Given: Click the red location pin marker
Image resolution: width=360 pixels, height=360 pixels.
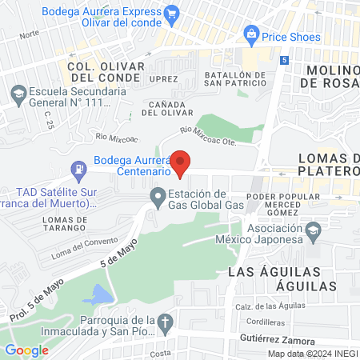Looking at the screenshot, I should [x=181, y=162].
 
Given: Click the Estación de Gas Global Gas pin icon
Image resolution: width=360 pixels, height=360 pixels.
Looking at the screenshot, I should [x=158, y=196].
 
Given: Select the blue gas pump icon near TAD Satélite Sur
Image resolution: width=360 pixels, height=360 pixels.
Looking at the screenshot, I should [x=78, y=170].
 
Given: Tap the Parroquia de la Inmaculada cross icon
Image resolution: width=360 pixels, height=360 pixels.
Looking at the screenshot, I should [x=166, y=323].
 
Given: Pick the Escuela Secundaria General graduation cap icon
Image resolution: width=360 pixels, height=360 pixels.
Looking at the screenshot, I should [x=17, y=94].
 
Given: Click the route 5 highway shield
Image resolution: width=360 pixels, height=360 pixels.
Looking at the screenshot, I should [x=285, y=60].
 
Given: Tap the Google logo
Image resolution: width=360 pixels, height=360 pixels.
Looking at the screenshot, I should [x=26, y=350].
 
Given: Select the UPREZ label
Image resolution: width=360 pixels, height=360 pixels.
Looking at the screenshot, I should [x=163, y=79].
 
